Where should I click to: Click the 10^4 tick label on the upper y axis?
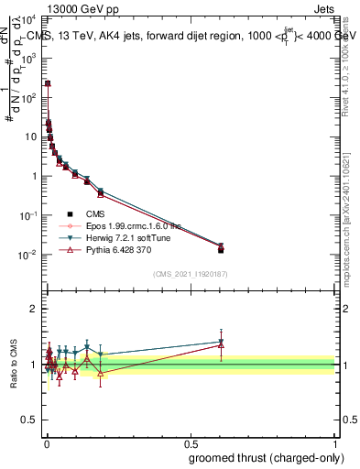(29, 17)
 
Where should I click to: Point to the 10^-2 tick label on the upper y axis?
(29, 255)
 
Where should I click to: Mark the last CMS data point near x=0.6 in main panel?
(220, 250)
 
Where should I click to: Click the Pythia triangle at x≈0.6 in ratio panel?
(220, 345)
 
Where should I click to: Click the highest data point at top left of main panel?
(48, 83)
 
